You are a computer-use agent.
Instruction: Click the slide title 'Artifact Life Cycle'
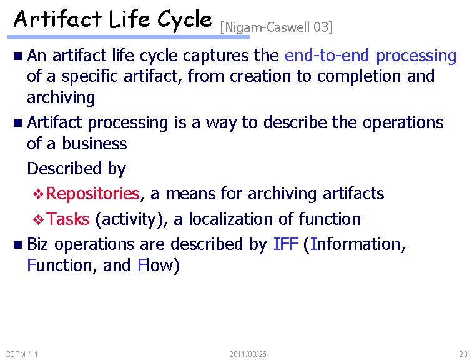[112, 20]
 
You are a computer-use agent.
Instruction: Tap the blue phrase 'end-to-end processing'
[370, 56]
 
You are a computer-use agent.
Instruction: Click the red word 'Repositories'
[93, 194]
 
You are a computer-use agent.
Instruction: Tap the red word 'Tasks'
[68, 219]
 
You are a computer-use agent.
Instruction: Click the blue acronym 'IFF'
[285, 244]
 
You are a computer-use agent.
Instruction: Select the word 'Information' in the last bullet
[355, 244]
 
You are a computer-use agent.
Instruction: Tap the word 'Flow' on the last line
[158, 266]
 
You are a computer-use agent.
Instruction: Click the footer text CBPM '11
[21, 354]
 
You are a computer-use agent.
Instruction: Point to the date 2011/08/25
[248, 354]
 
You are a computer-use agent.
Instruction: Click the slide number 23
[462, 354]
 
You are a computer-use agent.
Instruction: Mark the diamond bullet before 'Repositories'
[38, 194]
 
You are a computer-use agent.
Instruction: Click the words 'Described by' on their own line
[76, 169]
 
